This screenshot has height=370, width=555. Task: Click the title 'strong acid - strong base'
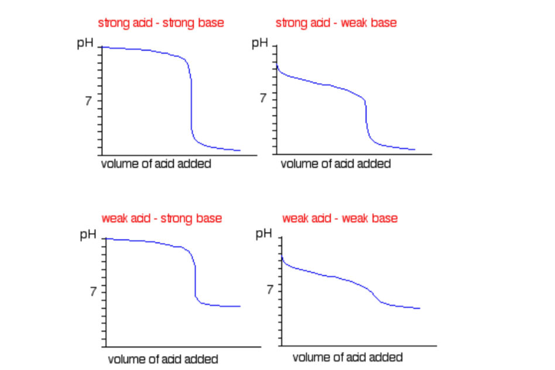(160, 23)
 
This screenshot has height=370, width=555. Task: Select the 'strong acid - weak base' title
(336, 23)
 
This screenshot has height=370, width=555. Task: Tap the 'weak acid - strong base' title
(162, 218)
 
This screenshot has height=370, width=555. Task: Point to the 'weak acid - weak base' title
(340, 218)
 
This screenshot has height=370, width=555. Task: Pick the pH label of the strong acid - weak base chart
(259, 43)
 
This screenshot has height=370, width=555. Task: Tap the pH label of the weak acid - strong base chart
(88, 236)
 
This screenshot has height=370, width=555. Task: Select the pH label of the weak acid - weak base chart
(264, 235)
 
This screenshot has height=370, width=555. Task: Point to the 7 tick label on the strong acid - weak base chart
(264, 98)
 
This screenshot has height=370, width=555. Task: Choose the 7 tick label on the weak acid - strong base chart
(92, 292)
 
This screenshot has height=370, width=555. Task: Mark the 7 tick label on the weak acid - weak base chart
(269, 290)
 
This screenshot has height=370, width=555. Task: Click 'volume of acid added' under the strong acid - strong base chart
(156, 164)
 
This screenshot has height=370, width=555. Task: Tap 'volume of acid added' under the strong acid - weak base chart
(335, 164)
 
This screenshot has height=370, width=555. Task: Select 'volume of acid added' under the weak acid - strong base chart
(163, 359)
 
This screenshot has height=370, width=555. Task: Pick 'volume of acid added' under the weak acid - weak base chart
(347, 357)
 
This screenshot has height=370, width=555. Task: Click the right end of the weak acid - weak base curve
(419, 309)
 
